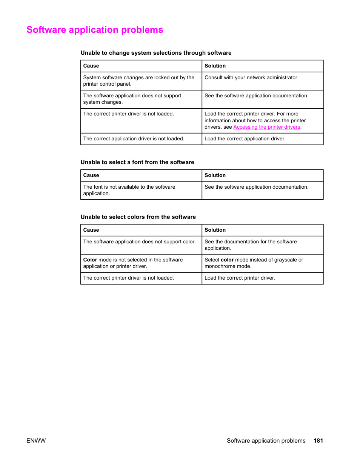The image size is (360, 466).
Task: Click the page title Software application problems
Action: [95, 30]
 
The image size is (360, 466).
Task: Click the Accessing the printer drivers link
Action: [266, 127]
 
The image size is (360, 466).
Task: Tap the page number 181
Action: [318, 440]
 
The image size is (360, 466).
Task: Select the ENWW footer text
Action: [36, 440]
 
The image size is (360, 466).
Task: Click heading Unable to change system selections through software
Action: [156, 53]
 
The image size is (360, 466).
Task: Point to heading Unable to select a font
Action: [137, 162]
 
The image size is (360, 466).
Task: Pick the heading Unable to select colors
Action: [138, 217]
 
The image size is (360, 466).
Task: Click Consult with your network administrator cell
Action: [251, 78]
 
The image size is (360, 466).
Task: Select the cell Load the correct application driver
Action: [245, 139]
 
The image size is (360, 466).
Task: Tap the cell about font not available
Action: [129, 190]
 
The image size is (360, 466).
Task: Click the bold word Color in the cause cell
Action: [90, 260]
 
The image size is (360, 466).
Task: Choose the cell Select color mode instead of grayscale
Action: [254, 263]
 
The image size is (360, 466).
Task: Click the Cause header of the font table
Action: [91, 175]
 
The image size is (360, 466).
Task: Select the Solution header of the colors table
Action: [215, 230]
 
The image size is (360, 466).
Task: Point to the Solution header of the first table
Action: [215, 66]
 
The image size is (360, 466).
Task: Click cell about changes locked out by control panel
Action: [138, 81]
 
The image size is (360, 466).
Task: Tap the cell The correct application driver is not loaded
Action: [134, 139]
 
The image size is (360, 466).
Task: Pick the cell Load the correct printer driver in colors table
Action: [240, 278]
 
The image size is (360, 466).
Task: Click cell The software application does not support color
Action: [139, 242]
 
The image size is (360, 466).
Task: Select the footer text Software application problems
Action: [266, 440]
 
